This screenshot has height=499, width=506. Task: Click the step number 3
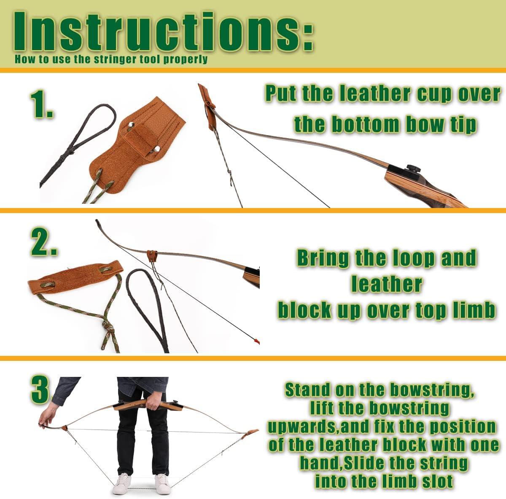coord(41,390)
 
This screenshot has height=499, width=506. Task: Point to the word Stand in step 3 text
coord(307,390)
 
